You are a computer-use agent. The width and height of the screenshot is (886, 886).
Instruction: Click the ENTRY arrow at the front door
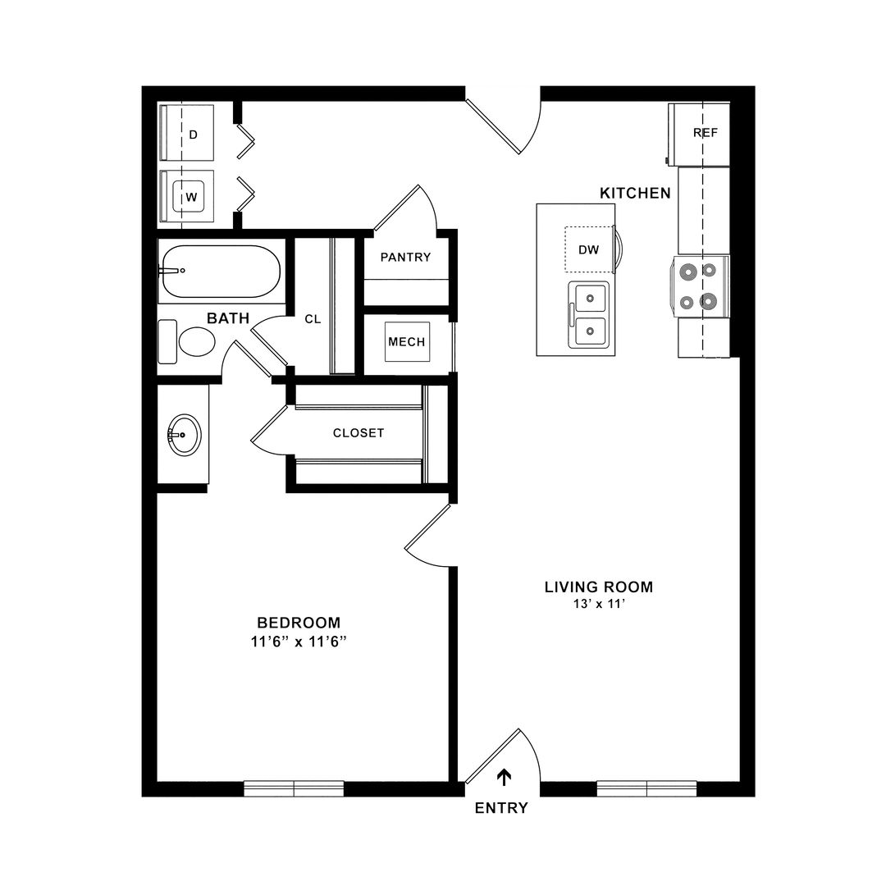pyautogui.click(x=504, y=778)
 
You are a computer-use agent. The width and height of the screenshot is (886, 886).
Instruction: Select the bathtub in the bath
pyautogui.click(x=221, y=271)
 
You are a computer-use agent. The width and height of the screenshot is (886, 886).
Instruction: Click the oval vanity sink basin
pyautogui.click(x=185, y=435)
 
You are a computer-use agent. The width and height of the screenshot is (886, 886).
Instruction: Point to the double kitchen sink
pyautogui.click(x=588, y=315)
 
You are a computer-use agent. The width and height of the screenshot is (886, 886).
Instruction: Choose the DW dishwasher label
pyautogui.click(x=588, y=249)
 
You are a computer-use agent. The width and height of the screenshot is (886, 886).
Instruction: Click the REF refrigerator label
pyautogui.click(x=706, y=133)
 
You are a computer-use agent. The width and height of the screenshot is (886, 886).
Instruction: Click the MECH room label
pyautogui.click(x=407, y=342)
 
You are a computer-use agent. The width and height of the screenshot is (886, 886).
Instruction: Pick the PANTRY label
pyautogui.click(x=405, y=257)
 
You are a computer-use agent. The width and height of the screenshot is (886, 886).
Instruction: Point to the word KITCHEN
pyautogui.click(x=635, y=194)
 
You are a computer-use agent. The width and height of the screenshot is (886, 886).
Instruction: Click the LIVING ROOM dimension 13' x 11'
pyautogui.click(x=599, y=604)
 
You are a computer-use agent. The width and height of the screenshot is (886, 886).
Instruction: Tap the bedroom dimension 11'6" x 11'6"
pyautogui.click(x=299, y=642)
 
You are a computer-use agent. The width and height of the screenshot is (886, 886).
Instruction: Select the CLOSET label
pyautogui.click(x=359, y=433)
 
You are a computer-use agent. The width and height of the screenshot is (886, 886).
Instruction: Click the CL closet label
pyautogui.click(x=313, y=319)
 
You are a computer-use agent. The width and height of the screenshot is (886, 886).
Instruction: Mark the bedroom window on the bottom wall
pyautogui.click(x=294, y=788)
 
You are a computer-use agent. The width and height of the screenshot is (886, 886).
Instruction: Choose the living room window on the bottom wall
pyautogui.click(x=646, y=788)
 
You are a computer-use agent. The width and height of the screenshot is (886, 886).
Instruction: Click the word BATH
pyautogui.click(x=228, y=318)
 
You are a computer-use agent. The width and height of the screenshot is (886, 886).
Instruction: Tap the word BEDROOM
pyautogui.click(x=299, y=623)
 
